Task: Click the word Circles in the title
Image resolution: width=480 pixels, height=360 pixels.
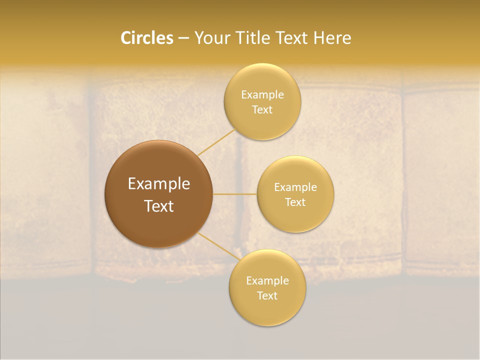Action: (147, 38)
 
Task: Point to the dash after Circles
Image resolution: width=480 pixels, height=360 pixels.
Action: (183, 38)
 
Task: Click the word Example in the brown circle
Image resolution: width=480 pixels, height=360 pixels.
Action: (159, 184)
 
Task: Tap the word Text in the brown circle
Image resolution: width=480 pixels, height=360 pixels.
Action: (159, 206)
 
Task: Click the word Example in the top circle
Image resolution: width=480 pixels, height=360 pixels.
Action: (262, 95)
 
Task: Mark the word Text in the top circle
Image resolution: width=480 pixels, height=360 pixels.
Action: (262, 110)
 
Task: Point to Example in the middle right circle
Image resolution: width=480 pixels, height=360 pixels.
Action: (295, 187)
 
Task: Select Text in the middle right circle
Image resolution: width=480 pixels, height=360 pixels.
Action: (295, 202)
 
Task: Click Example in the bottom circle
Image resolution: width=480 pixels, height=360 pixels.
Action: (267, 281)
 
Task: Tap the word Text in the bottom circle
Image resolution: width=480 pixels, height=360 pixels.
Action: (267, 296)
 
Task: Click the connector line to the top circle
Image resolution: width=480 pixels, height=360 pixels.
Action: (216, 142)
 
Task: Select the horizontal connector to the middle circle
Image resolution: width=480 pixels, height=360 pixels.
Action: (235, 194)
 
